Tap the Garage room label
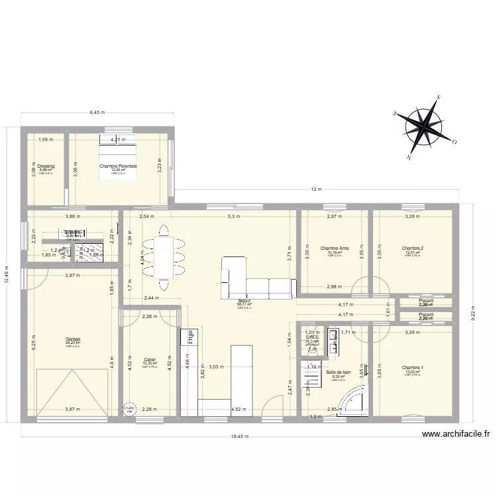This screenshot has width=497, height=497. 73,339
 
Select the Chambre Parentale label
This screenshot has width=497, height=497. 118,166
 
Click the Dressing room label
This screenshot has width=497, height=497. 46,166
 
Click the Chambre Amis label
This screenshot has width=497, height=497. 334,248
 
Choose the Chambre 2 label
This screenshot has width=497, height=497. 414,248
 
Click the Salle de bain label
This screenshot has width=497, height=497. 339,372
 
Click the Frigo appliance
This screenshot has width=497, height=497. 190,336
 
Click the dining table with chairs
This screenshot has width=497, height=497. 163,257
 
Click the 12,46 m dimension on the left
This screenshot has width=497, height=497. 7,272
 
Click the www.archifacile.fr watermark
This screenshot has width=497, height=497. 457,434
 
